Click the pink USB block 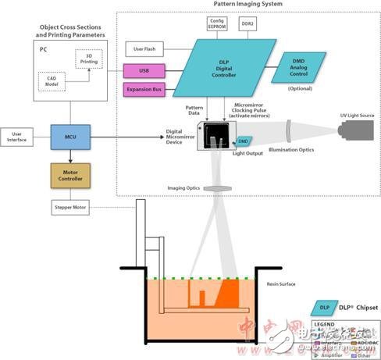[x=144, y=71]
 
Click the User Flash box [x=143, y=50]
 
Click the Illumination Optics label [x=290, y=150]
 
